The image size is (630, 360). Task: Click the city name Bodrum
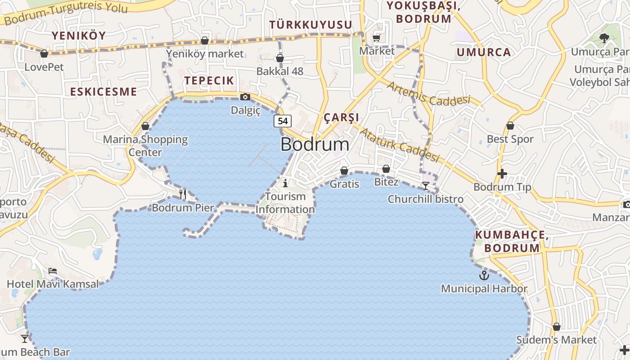315,144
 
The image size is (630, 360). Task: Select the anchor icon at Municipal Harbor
484,275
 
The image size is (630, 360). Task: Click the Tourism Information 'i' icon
285,183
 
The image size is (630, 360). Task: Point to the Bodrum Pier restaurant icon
183,194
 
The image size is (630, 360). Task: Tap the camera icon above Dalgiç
245,97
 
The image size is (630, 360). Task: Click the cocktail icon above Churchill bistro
425,185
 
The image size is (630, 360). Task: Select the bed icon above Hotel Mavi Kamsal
53,271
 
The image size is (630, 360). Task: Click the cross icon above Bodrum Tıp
502,173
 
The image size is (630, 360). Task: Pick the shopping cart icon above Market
377,38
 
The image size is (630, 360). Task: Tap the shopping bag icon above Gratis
344,171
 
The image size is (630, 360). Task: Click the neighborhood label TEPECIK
209,81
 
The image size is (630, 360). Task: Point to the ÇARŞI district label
342,117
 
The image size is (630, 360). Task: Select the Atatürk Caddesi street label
400,145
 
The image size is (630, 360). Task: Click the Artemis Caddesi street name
428,94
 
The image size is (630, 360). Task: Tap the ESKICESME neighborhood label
103,92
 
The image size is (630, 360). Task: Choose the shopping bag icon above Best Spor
510,126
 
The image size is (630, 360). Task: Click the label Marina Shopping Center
145,145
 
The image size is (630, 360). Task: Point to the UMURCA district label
484,52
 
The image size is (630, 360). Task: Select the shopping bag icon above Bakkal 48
280,58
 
